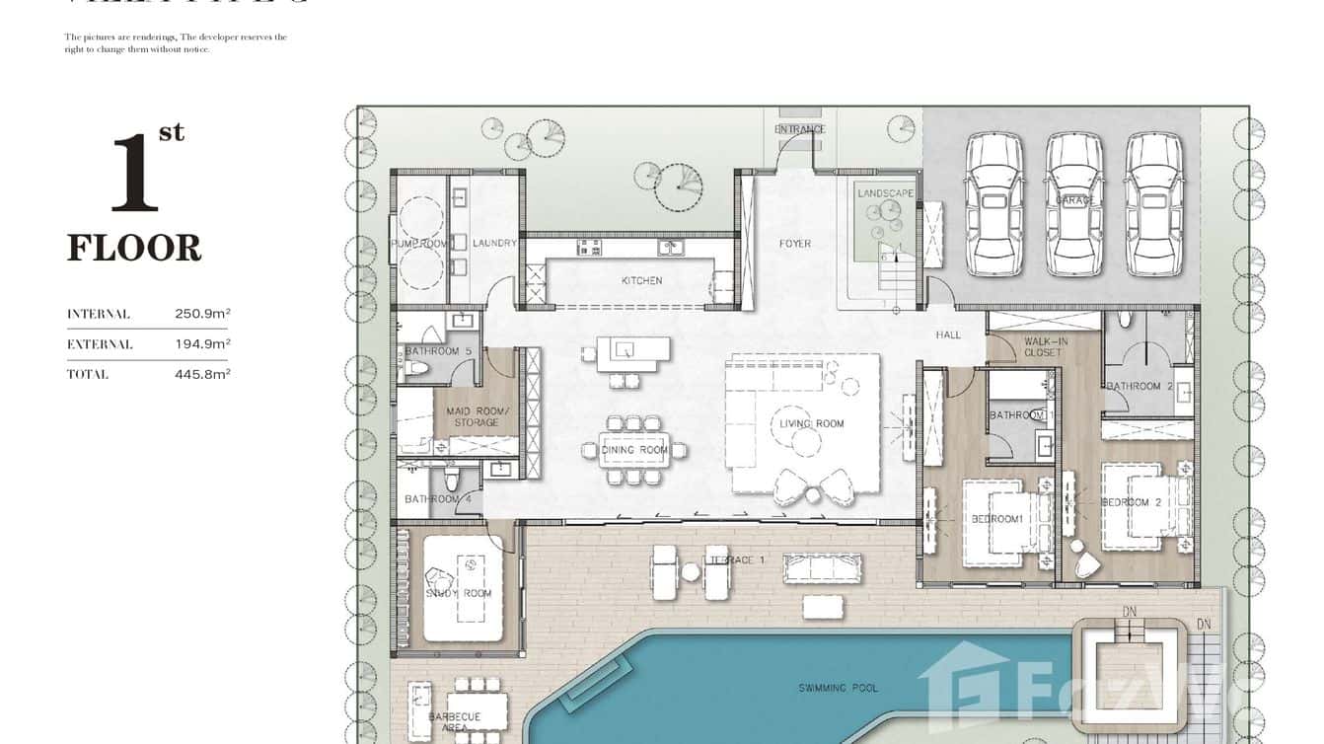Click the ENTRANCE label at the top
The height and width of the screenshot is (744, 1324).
pos(799,129)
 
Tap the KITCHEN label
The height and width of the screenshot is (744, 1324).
pos(641,281)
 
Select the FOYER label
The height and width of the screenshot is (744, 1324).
pos(794,244)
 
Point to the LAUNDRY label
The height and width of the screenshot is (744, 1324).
pos(494,244)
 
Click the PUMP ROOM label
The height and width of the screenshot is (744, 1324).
pos(420,244)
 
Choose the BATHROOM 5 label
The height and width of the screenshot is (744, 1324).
pos(437,351)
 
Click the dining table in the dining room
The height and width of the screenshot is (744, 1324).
pos(634,450)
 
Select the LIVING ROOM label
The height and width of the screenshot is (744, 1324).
pos(812,424)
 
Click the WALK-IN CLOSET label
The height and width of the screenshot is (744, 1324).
pos(1043,346)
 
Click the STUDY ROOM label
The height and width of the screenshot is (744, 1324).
pos(458,593)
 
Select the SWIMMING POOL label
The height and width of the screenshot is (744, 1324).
pos(838,688)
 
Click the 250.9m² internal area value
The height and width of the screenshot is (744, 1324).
pos(202,314)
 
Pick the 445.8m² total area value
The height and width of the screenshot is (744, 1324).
pos(202,374)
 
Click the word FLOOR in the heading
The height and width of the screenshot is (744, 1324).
pos(134,248)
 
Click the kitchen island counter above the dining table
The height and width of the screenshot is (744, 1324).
pos(632,351)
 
